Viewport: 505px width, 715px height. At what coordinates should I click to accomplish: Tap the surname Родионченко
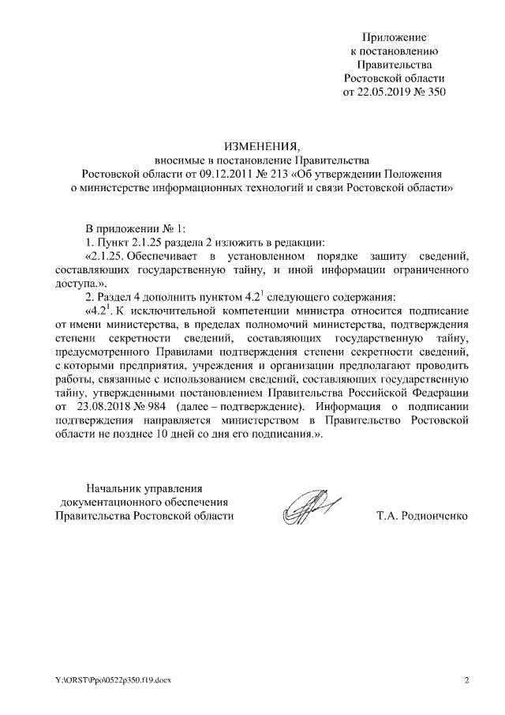tap(424, 515)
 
